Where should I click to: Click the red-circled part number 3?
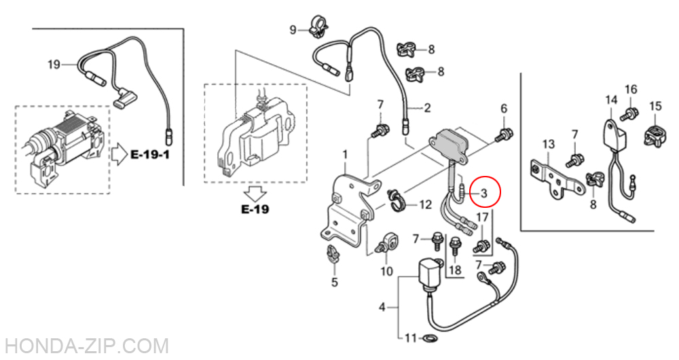click(x=484, y=194)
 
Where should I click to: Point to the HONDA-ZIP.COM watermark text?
click(x=84, y=346)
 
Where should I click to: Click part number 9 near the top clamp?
click(x=293, y=29)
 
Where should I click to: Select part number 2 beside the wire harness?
click(x=427, y=107)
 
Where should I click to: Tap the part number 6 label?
click(x=504, y=109)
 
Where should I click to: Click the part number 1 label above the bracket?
click(x=344, y=156)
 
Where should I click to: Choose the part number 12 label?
click(x=425, y=204)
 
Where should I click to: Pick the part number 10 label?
click(x=386, y=272)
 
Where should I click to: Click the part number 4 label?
click(x=382, y=307)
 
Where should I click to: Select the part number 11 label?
click(x=409, y=338)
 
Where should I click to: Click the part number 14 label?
click(x=610, y=101)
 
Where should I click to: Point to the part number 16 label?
click(x=631, y=90)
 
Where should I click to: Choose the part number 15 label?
click(x=655, y=106)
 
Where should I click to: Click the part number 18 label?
click(x=455, y=270)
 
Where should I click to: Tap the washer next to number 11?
click(x=430, y=338)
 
